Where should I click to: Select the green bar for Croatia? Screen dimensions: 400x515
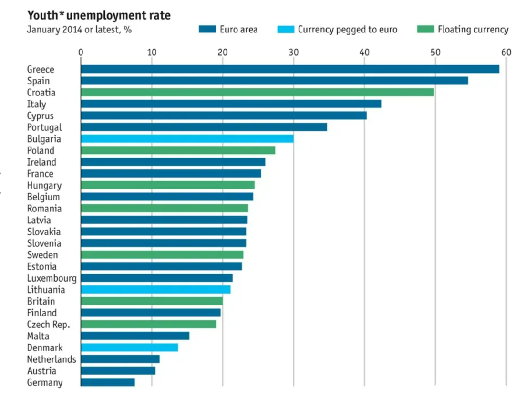coord(257,92)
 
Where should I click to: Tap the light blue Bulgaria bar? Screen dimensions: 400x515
coord(187,138)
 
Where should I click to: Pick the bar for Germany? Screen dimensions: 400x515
coord(108,382)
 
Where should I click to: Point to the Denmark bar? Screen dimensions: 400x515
coord(129,347)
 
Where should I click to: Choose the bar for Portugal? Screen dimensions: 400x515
coord(204,127)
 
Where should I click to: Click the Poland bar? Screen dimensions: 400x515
coord(178,150)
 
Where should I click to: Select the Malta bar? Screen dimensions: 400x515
coord(135,336)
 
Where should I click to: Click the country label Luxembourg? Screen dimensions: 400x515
coord(51,278)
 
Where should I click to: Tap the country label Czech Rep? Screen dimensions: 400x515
coord(48,325)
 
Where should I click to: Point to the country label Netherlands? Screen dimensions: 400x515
coord(51,359)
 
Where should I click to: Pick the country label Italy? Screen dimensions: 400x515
coord(36,104)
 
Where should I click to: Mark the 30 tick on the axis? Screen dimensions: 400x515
coord(294,52)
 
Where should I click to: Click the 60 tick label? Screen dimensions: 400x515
coord(505,52)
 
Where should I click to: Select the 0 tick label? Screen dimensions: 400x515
coord(81,52)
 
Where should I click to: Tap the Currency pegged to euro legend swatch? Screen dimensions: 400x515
coord(285,30)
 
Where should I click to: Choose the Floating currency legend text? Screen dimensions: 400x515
coord(473,30)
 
